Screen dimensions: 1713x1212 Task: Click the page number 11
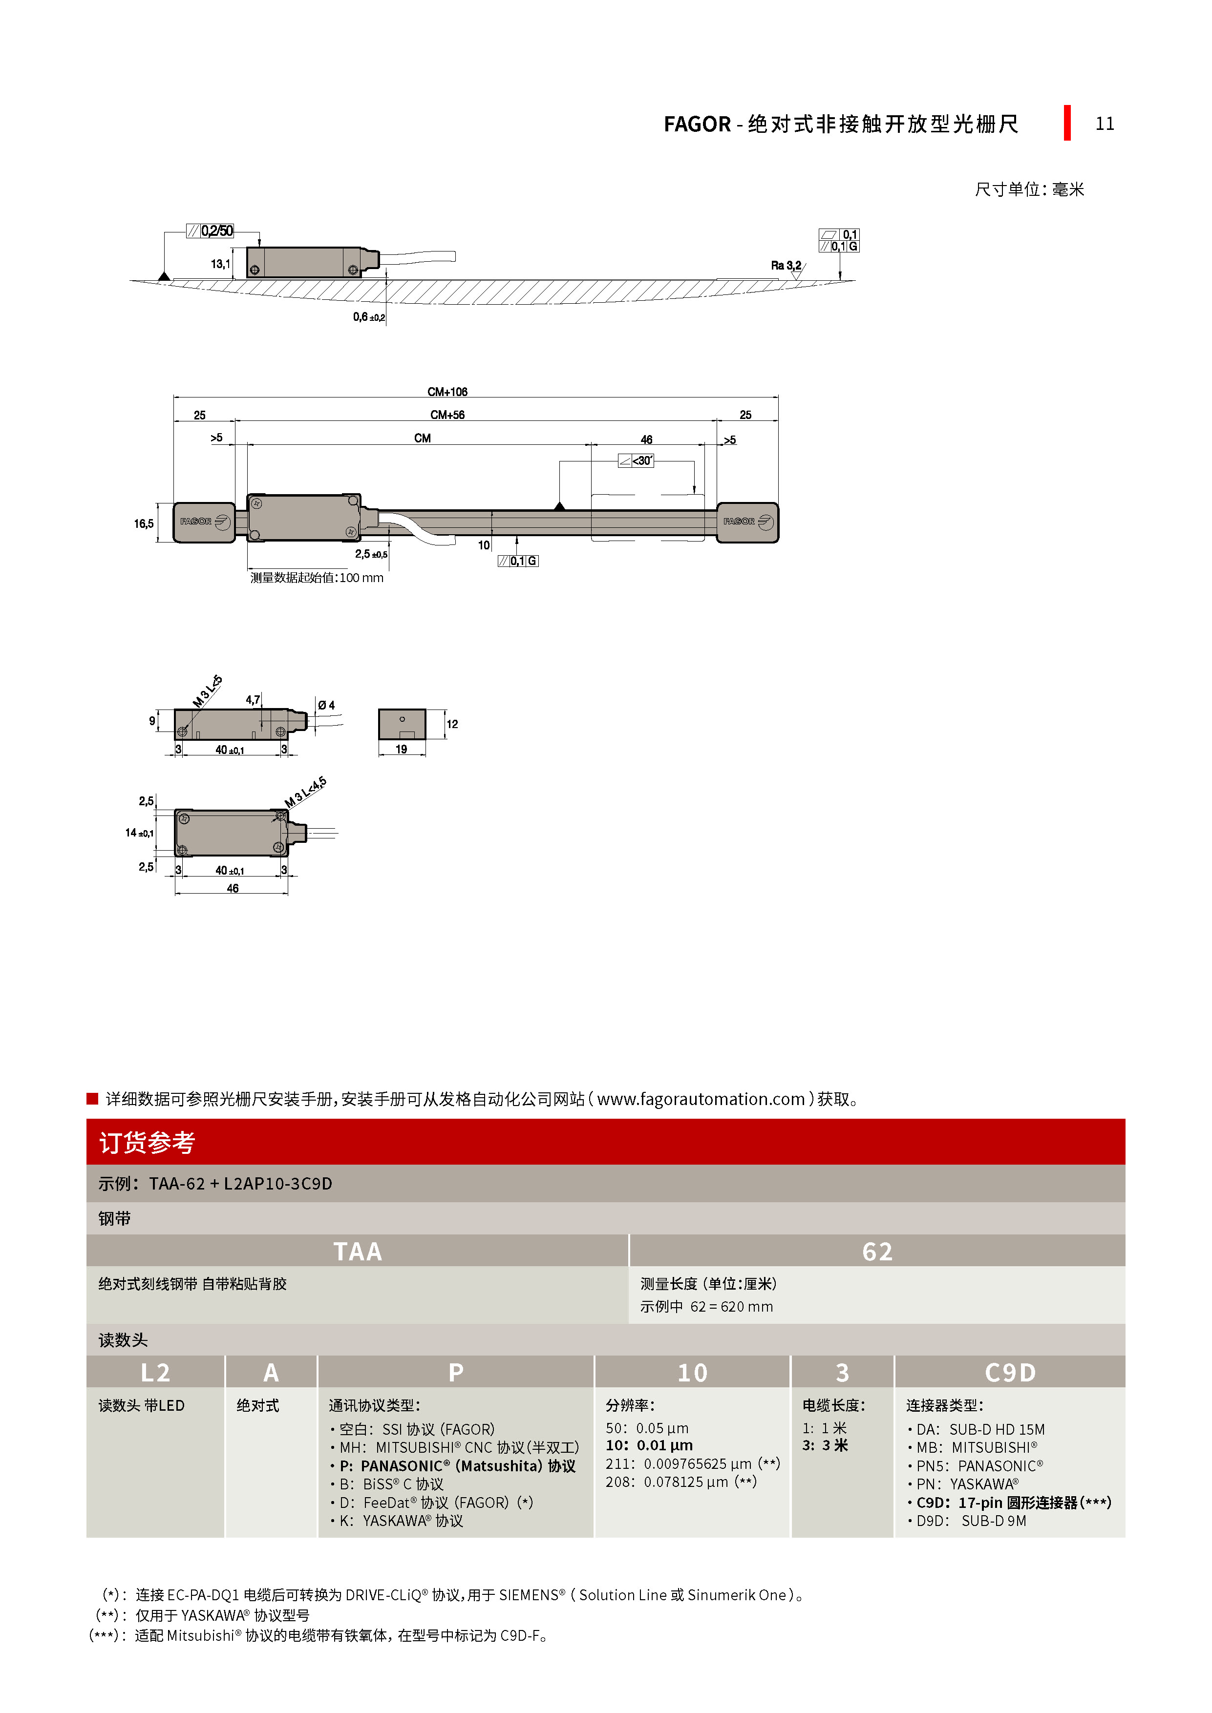click(1104, 124)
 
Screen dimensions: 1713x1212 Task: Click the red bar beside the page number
click(1067, 123)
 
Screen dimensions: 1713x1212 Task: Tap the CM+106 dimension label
click(447, 392)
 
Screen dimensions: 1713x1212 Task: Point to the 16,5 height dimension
click(144, 524)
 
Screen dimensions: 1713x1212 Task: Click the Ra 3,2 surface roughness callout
click(786, 266)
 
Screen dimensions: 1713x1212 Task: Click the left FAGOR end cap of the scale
click(204, 522)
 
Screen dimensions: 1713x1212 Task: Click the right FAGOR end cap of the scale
click(747, 522)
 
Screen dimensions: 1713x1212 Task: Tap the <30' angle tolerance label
click(637, 461)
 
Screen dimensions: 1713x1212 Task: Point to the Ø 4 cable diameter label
click(326, 705)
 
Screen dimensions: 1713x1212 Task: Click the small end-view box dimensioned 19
click(402, 724)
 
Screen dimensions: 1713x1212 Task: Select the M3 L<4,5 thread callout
click(304, 793)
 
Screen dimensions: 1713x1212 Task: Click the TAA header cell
click(358, 1251)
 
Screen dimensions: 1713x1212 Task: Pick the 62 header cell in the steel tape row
click(877, 1251)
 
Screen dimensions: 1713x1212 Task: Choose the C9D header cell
click(1010, 1373)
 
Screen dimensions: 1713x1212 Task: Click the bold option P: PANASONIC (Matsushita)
click(457, 1466)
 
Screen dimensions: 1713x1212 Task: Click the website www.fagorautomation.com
click(701, 1099)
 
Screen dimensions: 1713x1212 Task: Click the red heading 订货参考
click(147, 1142)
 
